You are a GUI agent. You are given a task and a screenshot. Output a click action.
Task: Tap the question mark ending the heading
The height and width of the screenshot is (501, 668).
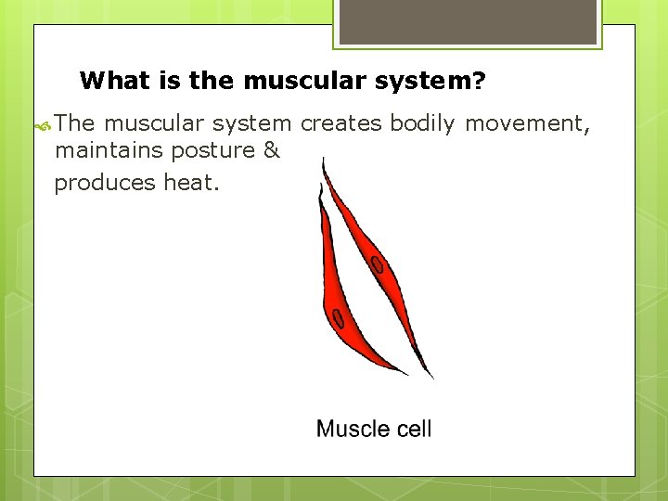click(x=478, y=81)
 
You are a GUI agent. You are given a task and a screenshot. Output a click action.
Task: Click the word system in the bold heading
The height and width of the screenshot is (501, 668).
click(x=422, y=81)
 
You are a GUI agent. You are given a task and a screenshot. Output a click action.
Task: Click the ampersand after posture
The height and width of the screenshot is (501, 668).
click(x=271, y=150)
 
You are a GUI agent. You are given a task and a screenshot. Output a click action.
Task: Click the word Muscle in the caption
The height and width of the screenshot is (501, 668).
click(x=352, y=429)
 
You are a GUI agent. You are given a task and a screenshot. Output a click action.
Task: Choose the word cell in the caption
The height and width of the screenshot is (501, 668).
click(x=413, y=429)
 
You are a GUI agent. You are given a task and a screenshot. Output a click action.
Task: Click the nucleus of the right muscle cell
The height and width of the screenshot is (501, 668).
click(x=378, y=266)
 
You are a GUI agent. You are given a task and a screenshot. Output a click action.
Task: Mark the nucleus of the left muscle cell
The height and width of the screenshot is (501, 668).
click(x=339, y=320)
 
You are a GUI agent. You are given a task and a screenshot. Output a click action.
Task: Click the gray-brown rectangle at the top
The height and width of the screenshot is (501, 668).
click(x=467, y=21)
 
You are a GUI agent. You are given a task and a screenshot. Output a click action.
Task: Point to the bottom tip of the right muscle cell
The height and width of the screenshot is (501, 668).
click(x=431, y=377)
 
